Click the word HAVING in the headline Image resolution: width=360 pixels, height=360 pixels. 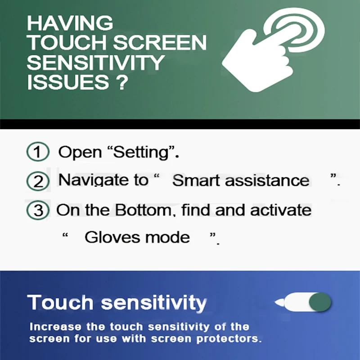click(70, 23)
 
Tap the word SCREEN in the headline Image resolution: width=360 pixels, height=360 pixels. click(160, 42)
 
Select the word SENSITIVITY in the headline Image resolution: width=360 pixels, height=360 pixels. click(96, 63)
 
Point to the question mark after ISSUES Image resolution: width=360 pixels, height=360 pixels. click(122, 82)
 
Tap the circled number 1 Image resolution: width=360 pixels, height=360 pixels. click(38, 152)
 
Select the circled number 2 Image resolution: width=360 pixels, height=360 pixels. click(38, 181)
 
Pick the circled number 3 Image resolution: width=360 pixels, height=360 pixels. click(38, 210)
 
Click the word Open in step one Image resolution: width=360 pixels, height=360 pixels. click(80, 153)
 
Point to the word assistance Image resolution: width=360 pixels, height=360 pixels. click(267, 181)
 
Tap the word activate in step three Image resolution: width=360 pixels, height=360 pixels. click(281, 210)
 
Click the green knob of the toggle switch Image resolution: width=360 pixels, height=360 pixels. click(320, 302)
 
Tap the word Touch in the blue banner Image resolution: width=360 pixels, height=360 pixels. click(60, 302)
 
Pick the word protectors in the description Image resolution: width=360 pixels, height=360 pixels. click(229, 339)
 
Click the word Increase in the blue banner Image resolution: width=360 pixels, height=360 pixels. click(55, 327)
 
